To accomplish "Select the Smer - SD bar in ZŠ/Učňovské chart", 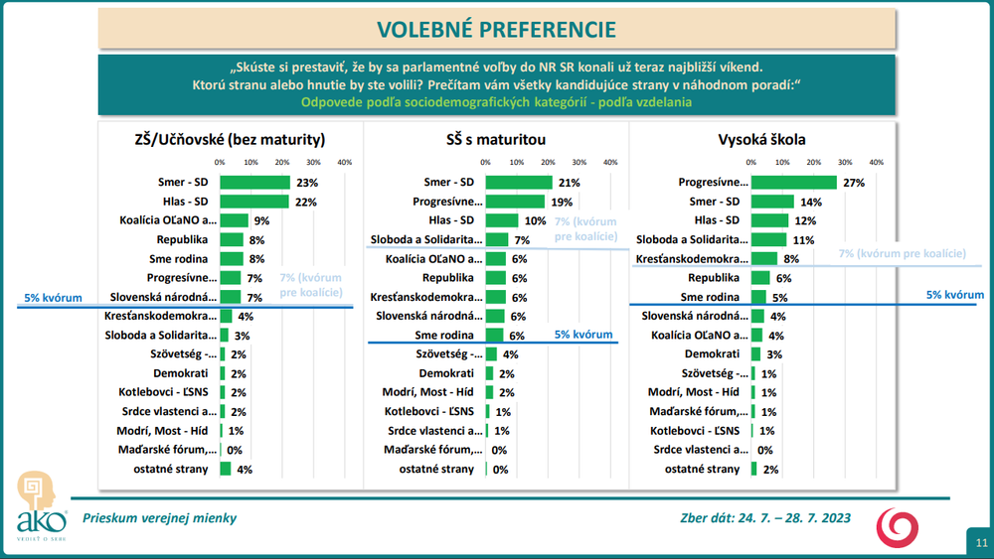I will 254,183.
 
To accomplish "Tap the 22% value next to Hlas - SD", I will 306,202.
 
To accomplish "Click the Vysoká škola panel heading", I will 761,139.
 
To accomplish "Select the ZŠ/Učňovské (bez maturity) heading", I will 230,139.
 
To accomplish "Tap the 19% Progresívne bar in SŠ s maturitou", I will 515,202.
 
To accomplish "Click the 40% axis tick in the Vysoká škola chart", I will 876,162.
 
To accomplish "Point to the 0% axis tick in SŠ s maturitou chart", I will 486,162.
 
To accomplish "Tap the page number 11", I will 980,542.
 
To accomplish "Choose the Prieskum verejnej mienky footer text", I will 159,517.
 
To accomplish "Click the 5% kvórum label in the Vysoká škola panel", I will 954,295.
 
